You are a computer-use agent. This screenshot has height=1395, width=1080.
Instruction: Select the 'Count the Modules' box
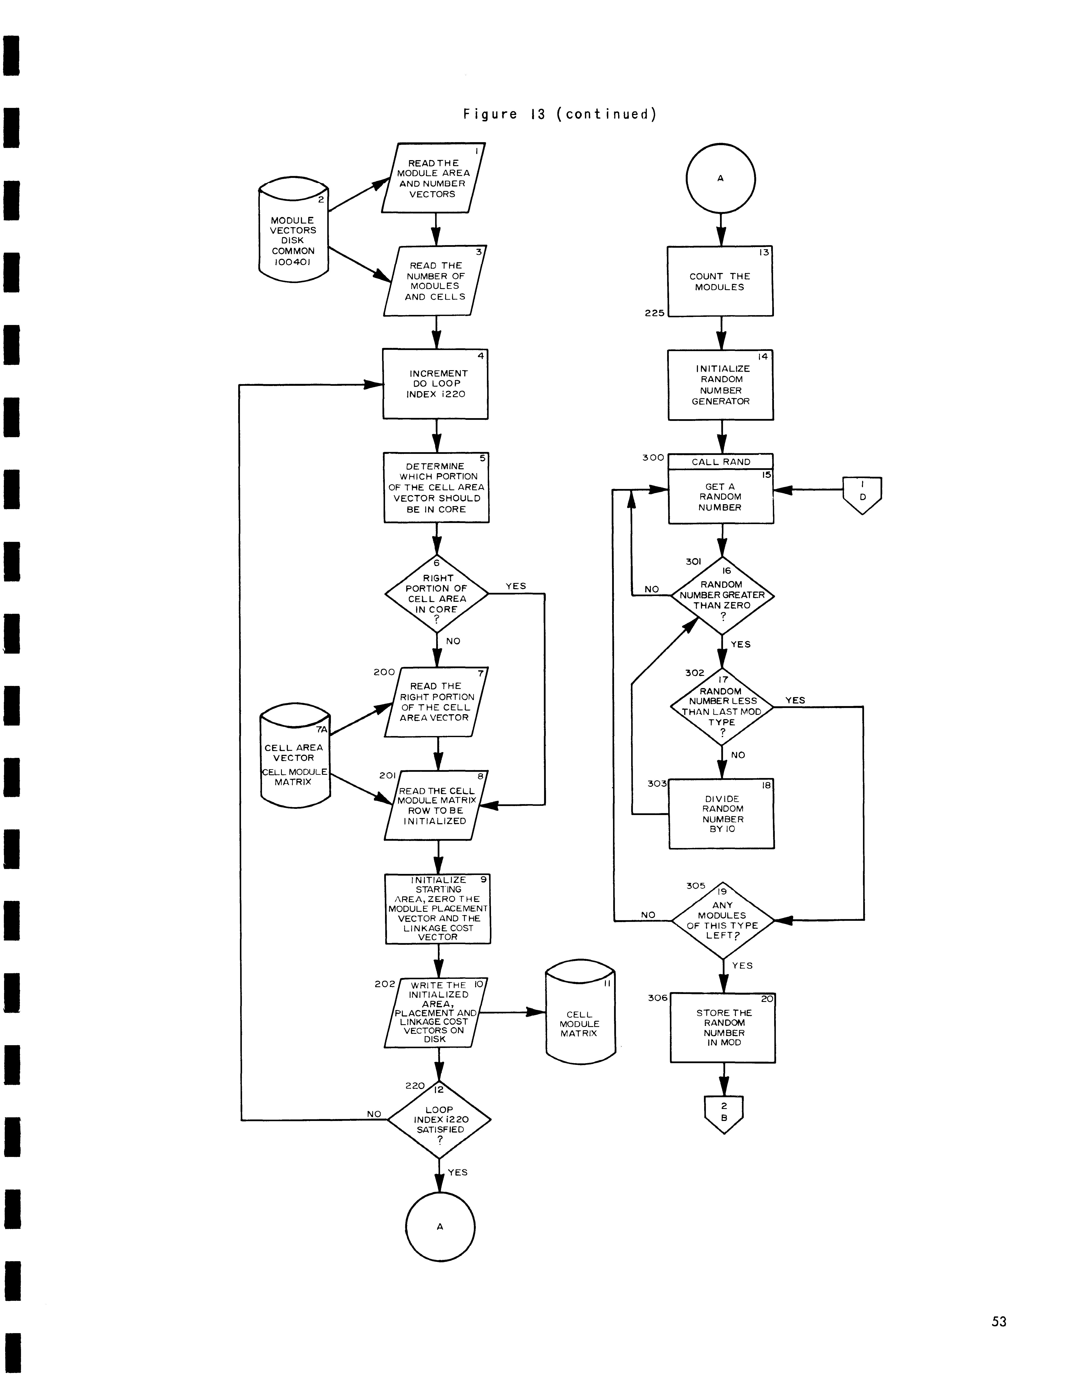coord(720,282)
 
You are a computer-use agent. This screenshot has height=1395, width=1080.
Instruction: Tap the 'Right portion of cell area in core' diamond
coord(437,594)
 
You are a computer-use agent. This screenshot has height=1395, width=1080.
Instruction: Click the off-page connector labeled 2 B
coord(724,1113)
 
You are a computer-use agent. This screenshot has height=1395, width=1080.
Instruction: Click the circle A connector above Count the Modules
coord(720,178)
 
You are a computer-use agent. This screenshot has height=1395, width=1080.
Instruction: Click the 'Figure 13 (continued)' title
coord(559,114)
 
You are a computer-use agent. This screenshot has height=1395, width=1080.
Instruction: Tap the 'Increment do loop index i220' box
coord(436,384)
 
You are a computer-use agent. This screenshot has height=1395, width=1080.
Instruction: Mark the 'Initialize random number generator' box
coord(720,385)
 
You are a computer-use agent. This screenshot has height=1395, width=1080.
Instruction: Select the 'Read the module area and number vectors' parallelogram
coord(433,178)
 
